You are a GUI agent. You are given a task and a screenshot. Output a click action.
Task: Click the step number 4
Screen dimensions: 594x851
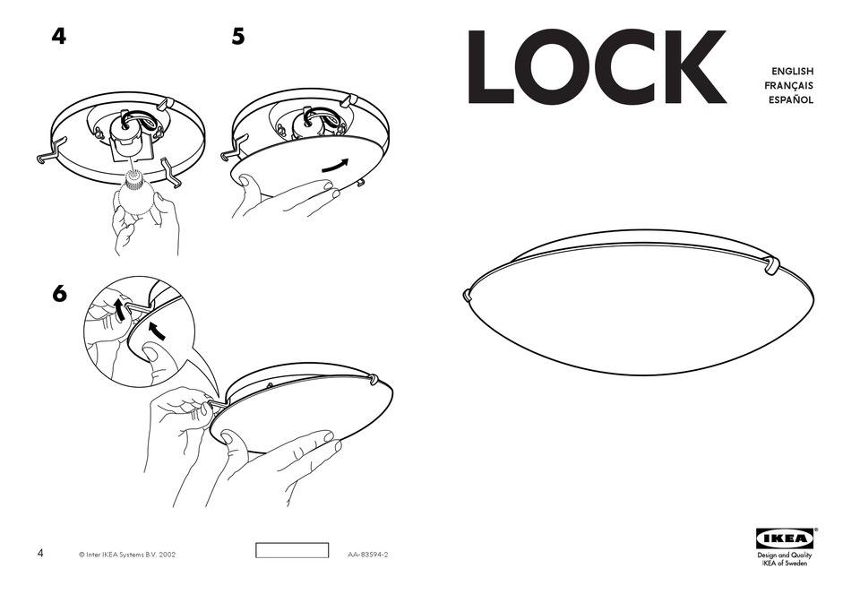pyautogui.click(x=58, y=38)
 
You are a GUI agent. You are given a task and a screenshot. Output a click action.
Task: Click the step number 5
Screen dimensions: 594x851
pyautogui.click(x=237, y=38)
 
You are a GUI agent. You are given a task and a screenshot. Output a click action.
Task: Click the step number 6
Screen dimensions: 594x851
pyautogui.click(x=59, y=294)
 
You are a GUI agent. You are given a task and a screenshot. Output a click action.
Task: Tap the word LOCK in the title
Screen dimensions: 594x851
pyautogui.click(x=596, y=68)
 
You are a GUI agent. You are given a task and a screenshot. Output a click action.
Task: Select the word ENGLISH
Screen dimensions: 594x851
pyautogui.click(x=792, y=71)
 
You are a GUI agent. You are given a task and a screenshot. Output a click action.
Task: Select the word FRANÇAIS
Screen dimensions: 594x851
pyautogui.click(x=788, y=85)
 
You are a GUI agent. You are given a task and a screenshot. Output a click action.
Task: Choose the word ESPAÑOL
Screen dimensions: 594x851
pyautogui.click(x=790, y=99)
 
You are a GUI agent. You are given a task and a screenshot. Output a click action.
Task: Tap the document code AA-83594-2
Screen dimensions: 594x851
pyautogui.click(x=368, y=555)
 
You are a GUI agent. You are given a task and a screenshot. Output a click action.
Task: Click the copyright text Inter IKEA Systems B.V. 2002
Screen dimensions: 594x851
pyautogui.click(x=127, y=555)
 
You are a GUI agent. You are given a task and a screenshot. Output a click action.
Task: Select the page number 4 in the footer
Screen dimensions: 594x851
pyautogui.click(x=40, y=555)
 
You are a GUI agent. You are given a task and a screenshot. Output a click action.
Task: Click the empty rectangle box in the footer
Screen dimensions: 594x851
pyautogui.click(x=292, y=550)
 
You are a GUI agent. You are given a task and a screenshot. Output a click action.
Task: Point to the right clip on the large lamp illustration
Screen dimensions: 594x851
pyautogui.click(x=771, y=266)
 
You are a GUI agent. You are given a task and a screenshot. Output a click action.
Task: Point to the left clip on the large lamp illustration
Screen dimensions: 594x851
pyautogui.click(x=468, y=294)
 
